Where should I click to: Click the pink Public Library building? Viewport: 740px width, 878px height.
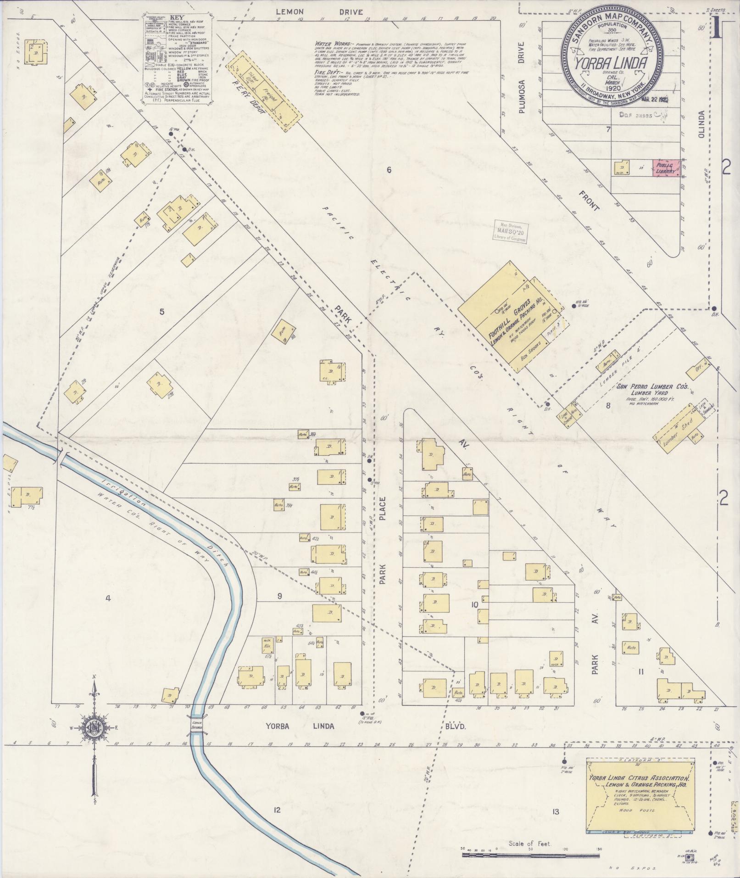666,168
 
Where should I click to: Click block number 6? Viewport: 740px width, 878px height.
389,170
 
